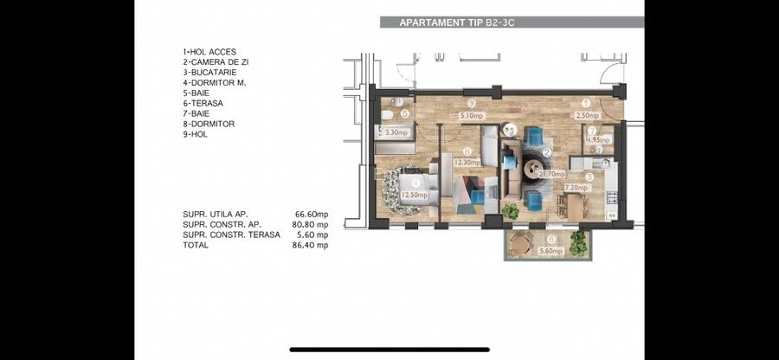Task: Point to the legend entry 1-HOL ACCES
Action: [209, 52]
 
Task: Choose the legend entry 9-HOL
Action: [196, 134]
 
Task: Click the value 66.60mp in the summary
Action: [312, 214]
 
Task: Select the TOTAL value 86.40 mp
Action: [310, 245]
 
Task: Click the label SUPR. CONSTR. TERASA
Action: [231, 235]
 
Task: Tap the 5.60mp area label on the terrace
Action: [550, 251]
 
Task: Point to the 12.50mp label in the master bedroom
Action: [415, 196]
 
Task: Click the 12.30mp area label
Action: [467, 162]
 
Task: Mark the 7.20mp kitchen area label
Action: [576, 188]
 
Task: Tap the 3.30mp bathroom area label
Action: [396, 133]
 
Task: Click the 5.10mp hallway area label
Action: [472, 114]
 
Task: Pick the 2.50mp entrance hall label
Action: [588, 114]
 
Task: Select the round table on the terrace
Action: [519, 246]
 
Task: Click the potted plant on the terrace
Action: [578, 244]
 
